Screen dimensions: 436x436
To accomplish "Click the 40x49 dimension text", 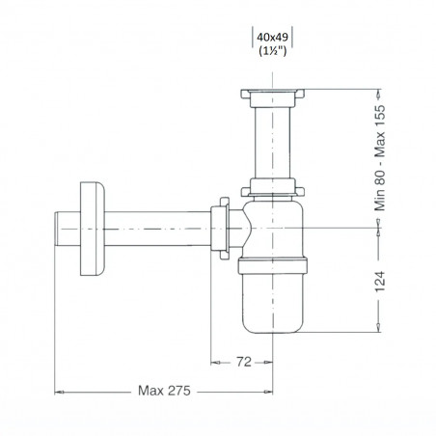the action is pyautogui.click(x=272, y=38).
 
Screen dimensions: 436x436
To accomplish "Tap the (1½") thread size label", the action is pyautogui.click(x=272, y=51).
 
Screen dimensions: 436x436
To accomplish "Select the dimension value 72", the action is pyautogui.click(x=243, y=362).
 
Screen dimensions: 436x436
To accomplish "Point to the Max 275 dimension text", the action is pyautogui.click(x=164, y=391).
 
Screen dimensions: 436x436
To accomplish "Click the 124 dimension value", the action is pyautogui.click(x=380, y=282).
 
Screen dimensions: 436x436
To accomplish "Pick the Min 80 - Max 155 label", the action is pyautogui.click(x=380, y=158).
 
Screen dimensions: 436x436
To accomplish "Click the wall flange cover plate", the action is pyautogui.click(x=93, y=229).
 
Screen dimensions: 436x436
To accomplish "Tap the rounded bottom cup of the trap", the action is pyautogui.click(x=273, y=303).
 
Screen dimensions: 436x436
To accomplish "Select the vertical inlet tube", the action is pyautogui.click(x=272, y=143).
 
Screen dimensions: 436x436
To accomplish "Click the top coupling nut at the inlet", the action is pyautogui.click(x=272, y=97).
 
